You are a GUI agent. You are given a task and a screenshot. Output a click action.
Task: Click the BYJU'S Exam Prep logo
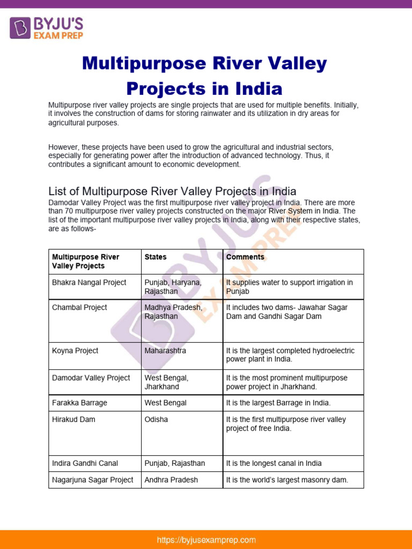click(46, 27)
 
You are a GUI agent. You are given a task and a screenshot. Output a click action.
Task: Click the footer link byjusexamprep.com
click(206, 540)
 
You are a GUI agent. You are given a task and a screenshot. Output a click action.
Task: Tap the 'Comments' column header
click(245, 257)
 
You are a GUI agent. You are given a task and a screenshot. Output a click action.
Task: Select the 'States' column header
click(156, 257)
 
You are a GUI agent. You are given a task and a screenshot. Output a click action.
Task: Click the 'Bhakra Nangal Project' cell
click(89, 283)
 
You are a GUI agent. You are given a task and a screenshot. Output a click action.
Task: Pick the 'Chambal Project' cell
click(79, 307)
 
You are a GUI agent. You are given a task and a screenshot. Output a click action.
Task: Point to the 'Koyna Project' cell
click(75, 351)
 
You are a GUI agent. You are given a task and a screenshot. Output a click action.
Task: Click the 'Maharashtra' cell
click(165, 351)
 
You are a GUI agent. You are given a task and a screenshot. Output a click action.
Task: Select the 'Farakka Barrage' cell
click(79, 403)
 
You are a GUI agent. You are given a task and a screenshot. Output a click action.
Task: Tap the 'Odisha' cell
click(156, 419)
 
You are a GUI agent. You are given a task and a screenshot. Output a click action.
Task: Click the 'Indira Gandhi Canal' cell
click(85, 463)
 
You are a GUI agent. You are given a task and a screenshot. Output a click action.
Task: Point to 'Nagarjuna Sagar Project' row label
click(92, 480)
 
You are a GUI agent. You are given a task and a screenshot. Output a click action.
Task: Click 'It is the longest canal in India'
click(274, 463)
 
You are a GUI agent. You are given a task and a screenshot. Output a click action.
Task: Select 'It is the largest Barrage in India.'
click(278, 403)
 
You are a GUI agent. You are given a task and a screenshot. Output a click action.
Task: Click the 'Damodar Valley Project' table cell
click(91, 378)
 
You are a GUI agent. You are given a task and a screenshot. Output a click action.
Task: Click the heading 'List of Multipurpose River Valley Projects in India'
click(172, 191)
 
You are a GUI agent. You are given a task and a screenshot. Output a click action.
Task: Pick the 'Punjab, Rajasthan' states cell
click(174, 463)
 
